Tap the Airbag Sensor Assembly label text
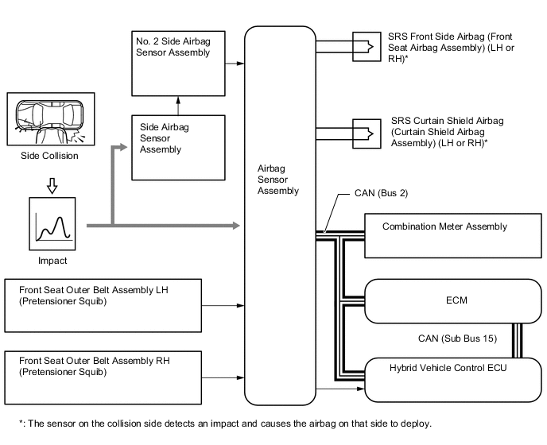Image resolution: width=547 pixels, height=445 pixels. (278, 180)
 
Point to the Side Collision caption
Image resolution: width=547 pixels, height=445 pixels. (49, 156)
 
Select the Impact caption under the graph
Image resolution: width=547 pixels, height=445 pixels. (53, 260)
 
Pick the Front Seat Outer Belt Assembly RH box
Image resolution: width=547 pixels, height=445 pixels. (103, 375)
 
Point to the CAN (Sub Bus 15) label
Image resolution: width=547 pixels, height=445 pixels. (457, 339)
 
